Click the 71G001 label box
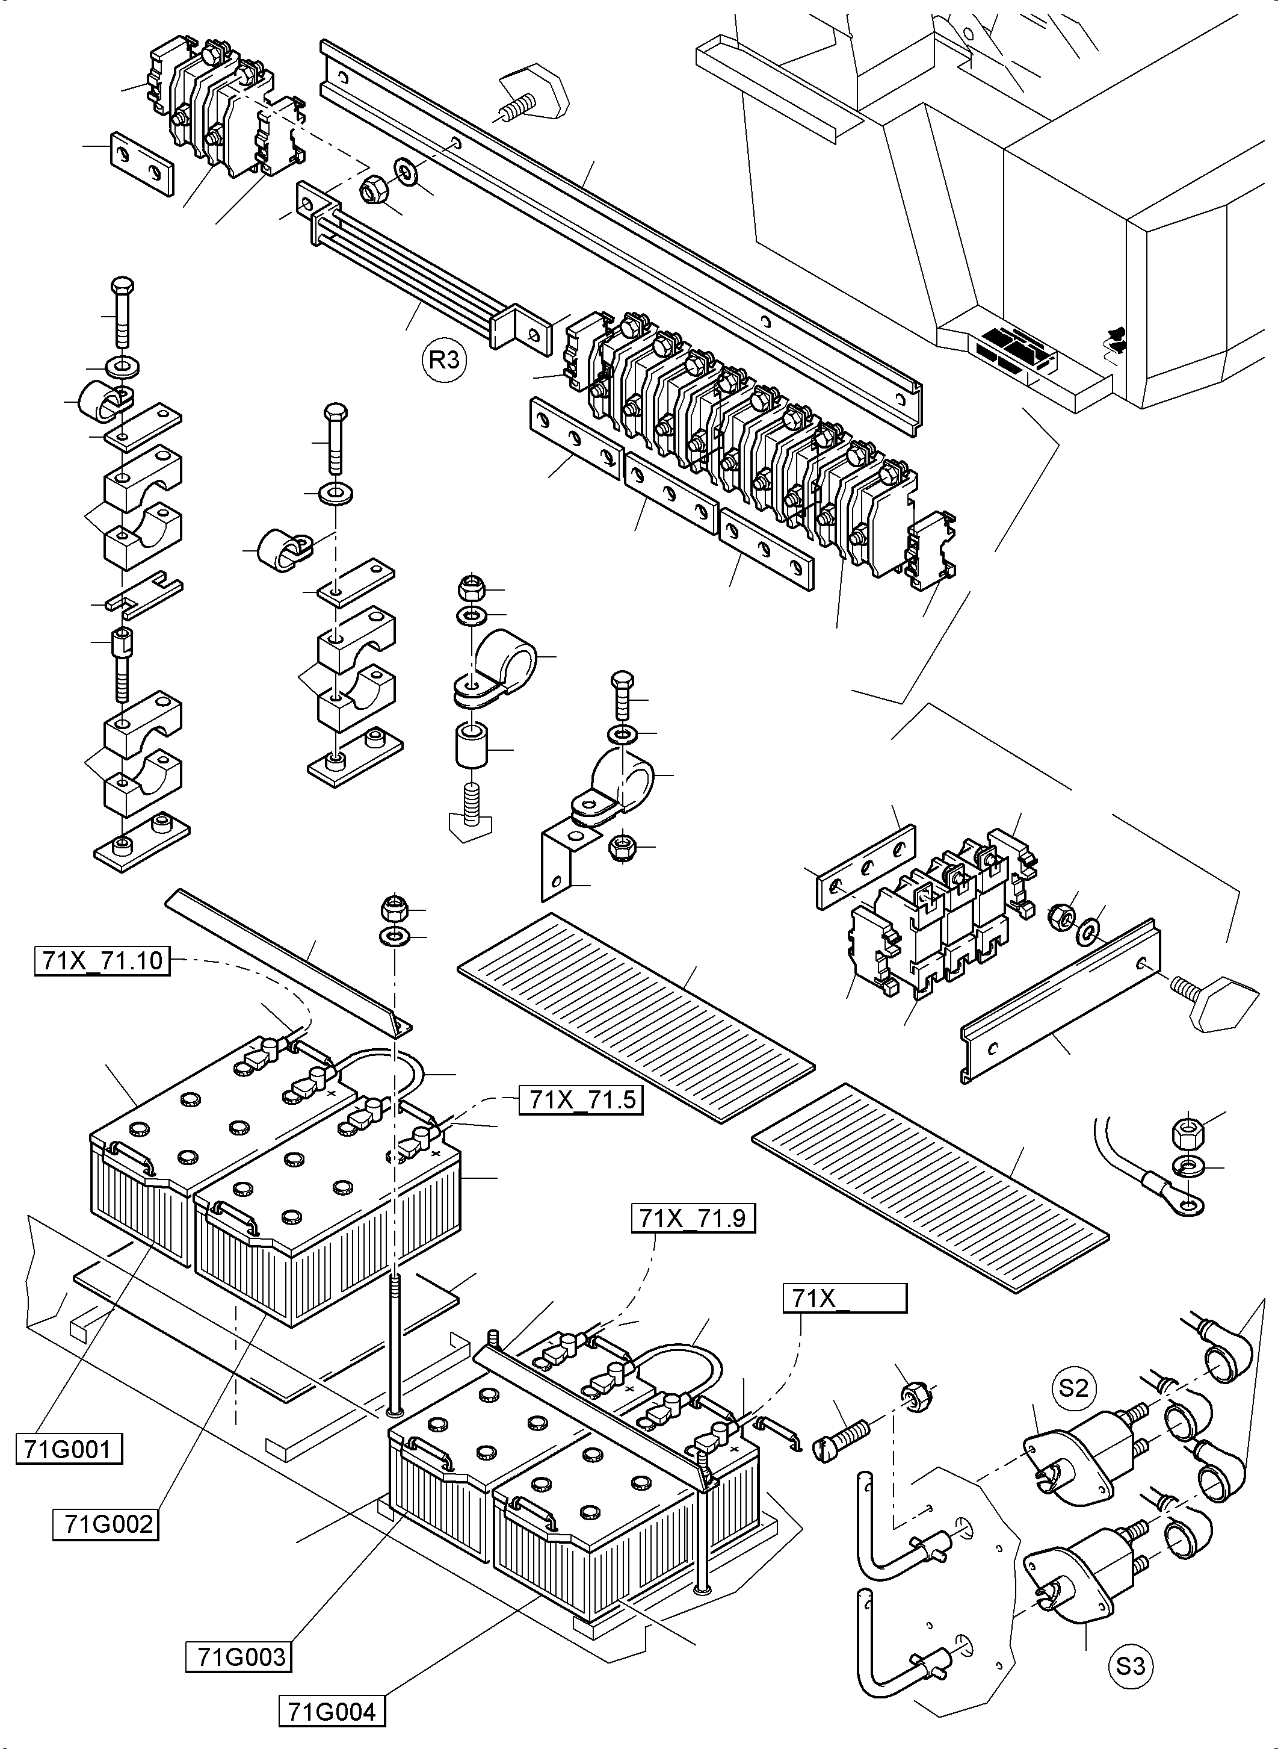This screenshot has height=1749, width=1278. (69, 1448)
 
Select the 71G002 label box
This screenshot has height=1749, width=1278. (106, 1524)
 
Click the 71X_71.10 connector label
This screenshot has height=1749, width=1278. (102, 960)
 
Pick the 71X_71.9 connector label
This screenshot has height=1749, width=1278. (693, 1219)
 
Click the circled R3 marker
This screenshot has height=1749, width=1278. (445, 360)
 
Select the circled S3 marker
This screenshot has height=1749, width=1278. (1129, 1664)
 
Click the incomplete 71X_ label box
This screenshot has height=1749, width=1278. (845, 1298)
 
